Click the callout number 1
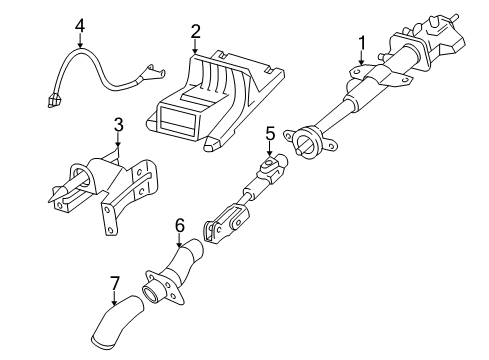[362, 44]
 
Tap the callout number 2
[196, 31]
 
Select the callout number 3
[118, 125]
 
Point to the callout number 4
[80, 26]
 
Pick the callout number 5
[270, 134]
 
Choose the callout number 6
[180, 226]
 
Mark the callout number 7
[114, 284]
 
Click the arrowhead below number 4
[80, 45]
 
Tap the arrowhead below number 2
[196, 50]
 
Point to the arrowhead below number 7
[114, 302]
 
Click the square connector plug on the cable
[54, 100]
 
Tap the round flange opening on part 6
[152, 293]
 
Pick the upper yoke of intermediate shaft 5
[272, 167]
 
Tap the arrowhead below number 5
[270, 153]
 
